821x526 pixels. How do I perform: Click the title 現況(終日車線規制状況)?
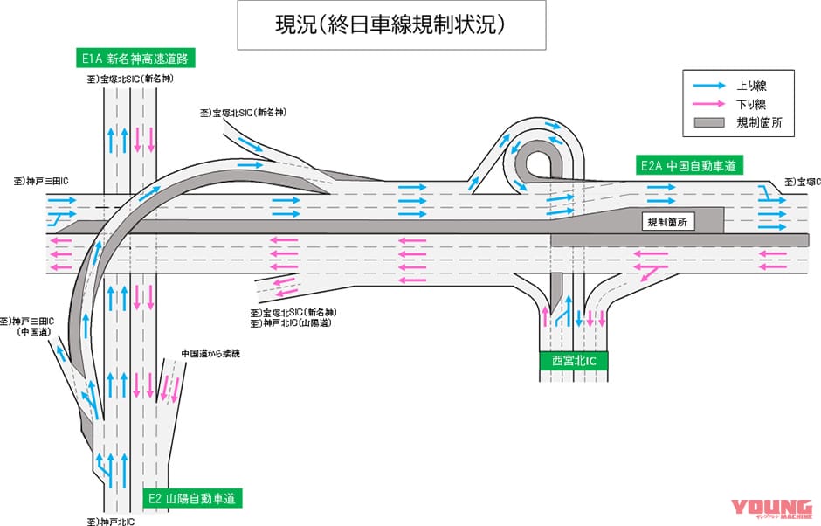click(390, 25)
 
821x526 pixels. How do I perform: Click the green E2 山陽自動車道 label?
click(192, 499)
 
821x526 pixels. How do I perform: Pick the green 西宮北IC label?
click(573, 360)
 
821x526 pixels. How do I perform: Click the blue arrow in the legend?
click(708, 86)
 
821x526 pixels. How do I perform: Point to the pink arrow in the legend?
click(708, 105)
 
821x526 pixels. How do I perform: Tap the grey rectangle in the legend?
click(708, 124)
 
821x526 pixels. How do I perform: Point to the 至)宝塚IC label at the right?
click(800, 182)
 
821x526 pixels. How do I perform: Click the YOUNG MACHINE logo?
click(770, 509)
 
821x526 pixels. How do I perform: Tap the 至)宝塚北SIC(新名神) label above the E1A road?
click(132, 79)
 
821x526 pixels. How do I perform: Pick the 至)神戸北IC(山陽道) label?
click(293, 323)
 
